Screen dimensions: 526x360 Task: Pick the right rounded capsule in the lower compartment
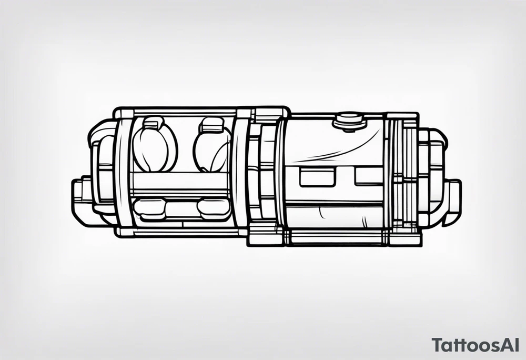[x=213, y=209]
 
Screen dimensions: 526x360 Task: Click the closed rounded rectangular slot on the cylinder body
[x=317, y=177]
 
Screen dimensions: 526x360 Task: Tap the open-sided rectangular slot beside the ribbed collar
[x=372, y=177]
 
